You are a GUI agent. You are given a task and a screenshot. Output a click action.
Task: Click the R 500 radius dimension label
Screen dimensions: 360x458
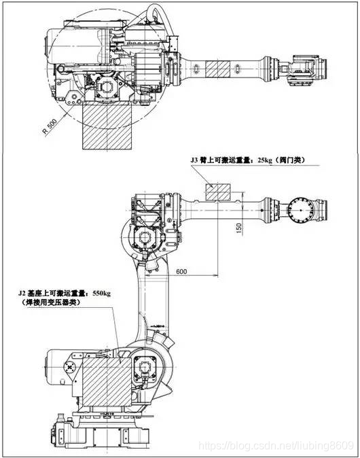(50, 127)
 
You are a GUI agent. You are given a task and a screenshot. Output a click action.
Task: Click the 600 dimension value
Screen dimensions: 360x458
(181, 271)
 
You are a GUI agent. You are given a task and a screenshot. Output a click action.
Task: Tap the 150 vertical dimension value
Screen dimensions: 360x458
(239, 228)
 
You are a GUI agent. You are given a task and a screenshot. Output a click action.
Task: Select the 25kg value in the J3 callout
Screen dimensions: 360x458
(265, 160)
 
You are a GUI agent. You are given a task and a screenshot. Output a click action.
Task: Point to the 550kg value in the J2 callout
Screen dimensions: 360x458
(101, 293)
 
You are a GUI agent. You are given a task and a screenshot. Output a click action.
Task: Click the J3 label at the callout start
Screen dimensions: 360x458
(194, 160)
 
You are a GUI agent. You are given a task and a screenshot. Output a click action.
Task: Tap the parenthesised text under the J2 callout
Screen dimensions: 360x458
(50, 302)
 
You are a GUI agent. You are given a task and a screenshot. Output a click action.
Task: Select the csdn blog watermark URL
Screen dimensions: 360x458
(276, 446)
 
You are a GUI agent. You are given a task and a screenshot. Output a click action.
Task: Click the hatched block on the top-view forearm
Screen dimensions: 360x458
(217, 69)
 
